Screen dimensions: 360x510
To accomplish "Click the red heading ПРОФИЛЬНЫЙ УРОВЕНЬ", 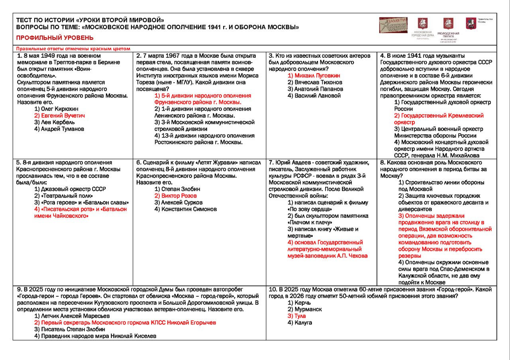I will pos(55,38).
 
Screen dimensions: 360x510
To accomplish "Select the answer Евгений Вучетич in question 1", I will pos(59,115).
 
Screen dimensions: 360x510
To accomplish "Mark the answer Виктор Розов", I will pos(175,196).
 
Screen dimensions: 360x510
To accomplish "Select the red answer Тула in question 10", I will pos(296,316).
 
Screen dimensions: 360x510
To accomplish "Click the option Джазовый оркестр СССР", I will pos(70,189).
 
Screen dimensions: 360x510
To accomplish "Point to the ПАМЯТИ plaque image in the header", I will pos(393,25).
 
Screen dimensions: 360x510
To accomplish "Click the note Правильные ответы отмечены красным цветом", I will pos(73,49).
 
